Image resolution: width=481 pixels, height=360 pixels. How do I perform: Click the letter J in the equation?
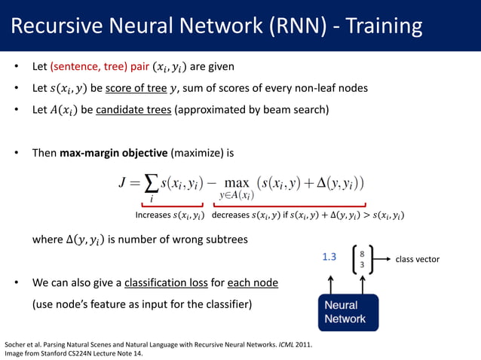click(x=124, y=183)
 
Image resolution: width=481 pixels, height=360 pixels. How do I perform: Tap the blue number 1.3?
click(x=329, y=258)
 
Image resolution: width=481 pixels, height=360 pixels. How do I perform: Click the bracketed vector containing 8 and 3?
click(x=363, y=260)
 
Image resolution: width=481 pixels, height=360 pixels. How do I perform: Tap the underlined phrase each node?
click(x=254, y=283)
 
